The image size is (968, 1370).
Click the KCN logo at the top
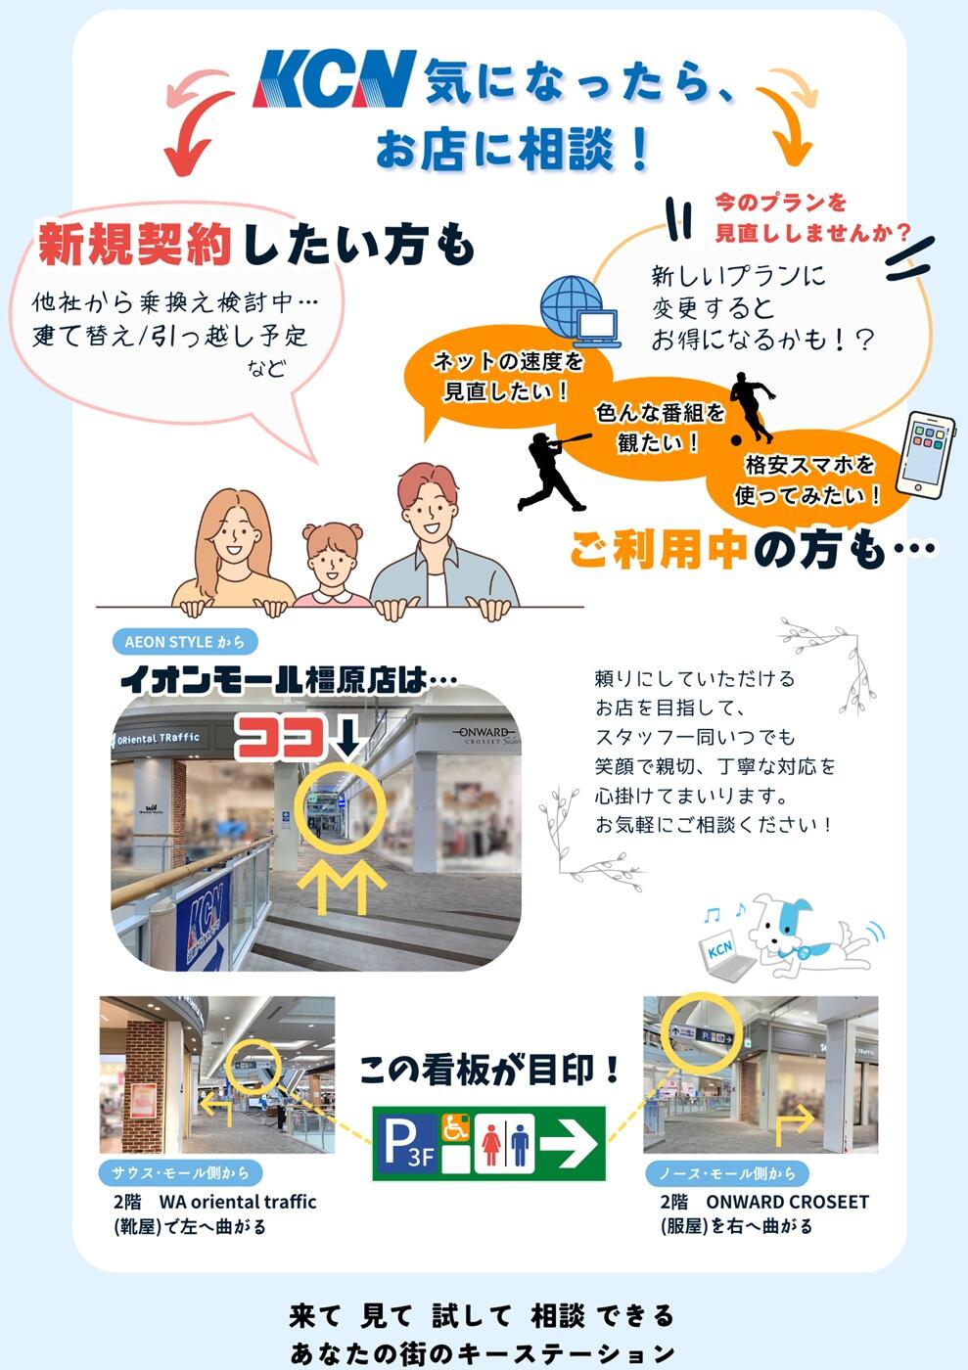point(334,79)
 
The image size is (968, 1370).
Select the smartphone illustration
point(925,452)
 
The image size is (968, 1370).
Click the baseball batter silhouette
point(554,471)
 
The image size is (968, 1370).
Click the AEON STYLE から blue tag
point(185,642)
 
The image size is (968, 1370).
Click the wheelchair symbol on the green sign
point(455,1127)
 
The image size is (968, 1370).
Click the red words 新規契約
point(135,244)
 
